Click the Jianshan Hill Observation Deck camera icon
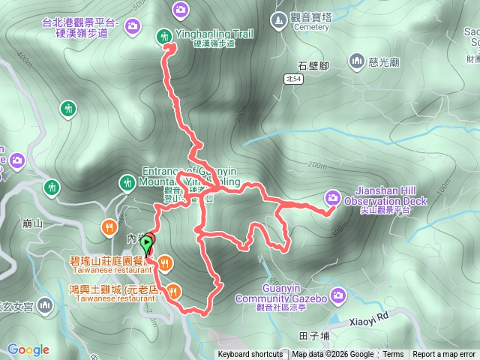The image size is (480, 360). tap(332, 197)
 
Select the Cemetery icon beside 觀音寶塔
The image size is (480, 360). tap(278, 18)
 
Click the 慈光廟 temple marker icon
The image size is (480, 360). tap(356, 61)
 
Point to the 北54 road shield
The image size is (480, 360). tap(293, 78)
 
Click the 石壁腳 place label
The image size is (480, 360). tap(313, 65)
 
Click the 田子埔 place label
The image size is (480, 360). tap(313, 334)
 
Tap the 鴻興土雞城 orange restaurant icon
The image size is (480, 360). tap(174, 290)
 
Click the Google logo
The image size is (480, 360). tap(28, 349)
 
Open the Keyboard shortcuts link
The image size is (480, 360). tap(250, 355)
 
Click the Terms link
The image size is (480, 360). tap(393, 355)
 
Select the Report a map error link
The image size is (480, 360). tap(444, 355)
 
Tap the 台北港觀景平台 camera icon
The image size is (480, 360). tap(133, 27)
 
